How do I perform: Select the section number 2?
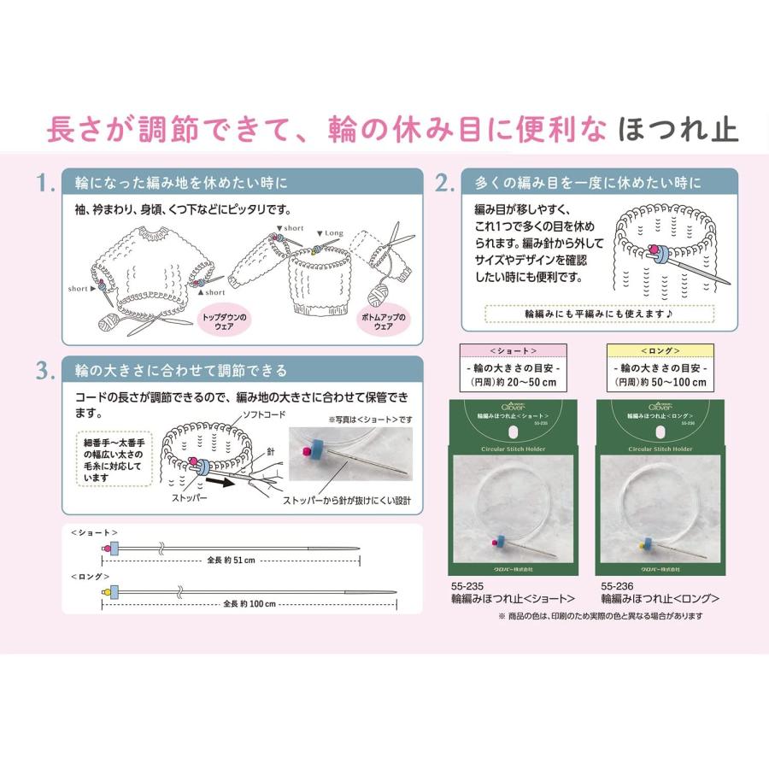pyautogui.click(x=444, y=183)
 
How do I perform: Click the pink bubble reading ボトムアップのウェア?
pyautogui.click(x=382, y=322)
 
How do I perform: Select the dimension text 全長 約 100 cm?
pyautogui.click(x=249, y=603)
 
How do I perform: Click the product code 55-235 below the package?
pyautogui.click(x=467, y=586)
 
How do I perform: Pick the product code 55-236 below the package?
pyautogui.click(x=618, y=586)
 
